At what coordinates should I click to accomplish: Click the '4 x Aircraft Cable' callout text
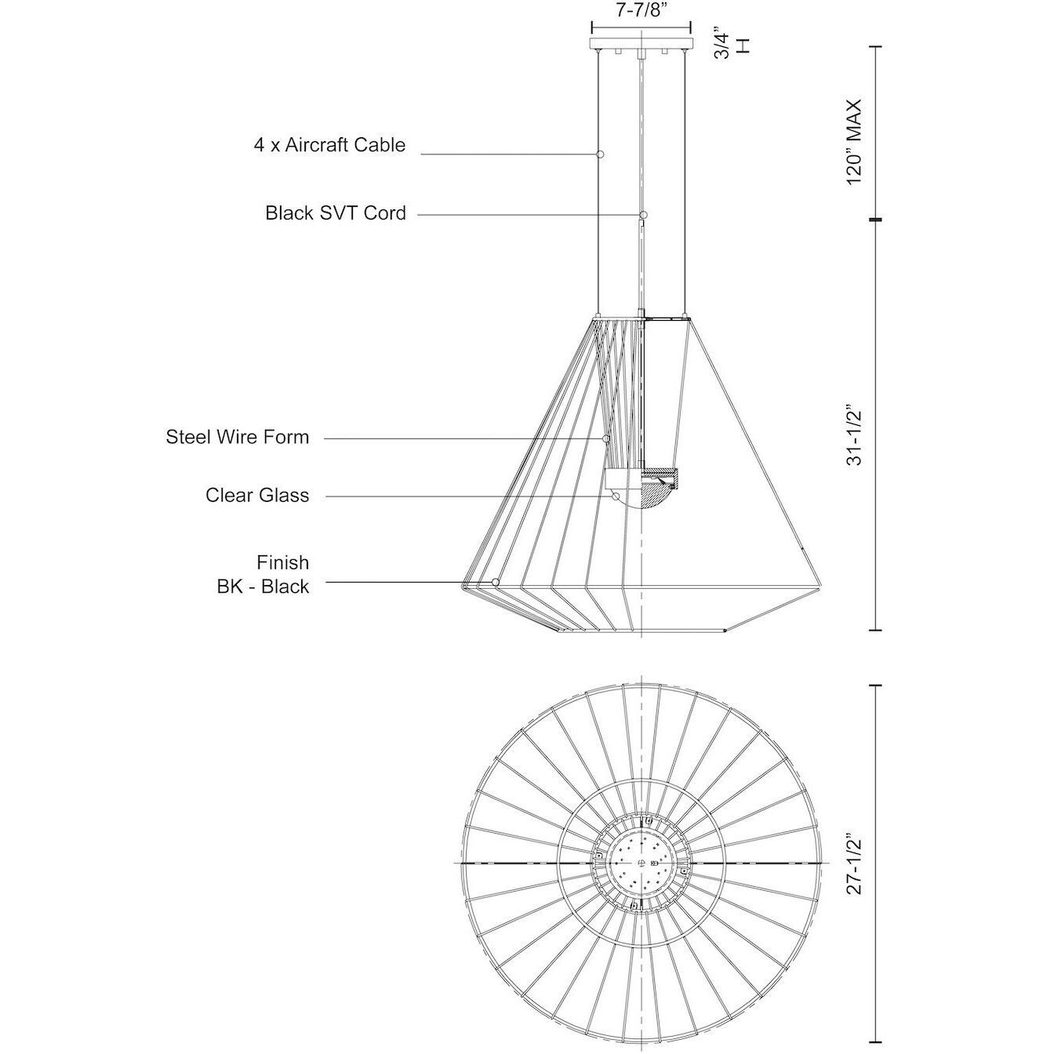[329, 145]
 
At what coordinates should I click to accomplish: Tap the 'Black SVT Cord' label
[336, 213]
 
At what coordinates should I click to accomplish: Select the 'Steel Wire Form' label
[238, 437]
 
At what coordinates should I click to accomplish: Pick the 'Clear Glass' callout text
[257, 495]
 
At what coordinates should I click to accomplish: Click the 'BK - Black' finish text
[263, 587]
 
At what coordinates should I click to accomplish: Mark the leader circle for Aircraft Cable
[600, 154]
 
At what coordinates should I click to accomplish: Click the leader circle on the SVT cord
[643, 214]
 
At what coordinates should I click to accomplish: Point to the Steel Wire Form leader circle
[606, 438]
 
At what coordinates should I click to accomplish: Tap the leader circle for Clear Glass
[616, 496]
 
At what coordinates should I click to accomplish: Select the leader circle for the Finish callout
[496, 582]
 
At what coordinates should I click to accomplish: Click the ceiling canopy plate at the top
[642, 43]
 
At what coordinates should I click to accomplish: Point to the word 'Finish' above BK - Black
[283, 563]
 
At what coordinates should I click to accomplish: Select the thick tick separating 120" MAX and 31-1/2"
[874, 220]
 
